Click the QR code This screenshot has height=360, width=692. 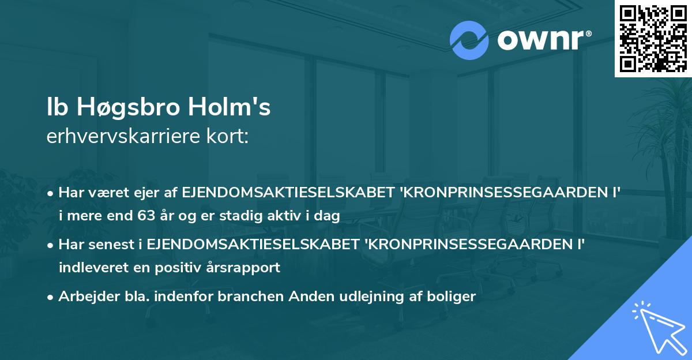pos(653,38)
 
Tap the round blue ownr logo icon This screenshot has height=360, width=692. pos(470,40)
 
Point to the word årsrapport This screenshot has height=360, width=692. pos(251,268)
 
